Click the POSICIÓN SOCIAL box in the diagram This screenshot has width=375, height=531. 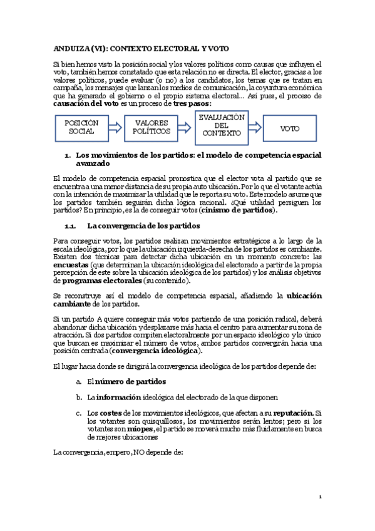[82, 128]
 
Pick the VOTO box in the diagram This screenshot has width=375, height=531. [289, 128]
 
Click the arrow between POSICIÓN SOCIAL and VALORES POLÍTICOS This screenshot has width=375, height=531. [116, 128]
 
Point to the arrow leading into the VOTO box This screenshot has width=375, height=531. [255, 128]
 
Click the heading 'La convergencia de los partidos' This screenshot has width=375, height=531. [143, 225]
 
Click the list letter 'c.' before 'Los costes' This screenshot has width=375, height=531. [78, 413]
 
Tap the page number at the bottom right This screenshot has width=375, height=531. [320, 497]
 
